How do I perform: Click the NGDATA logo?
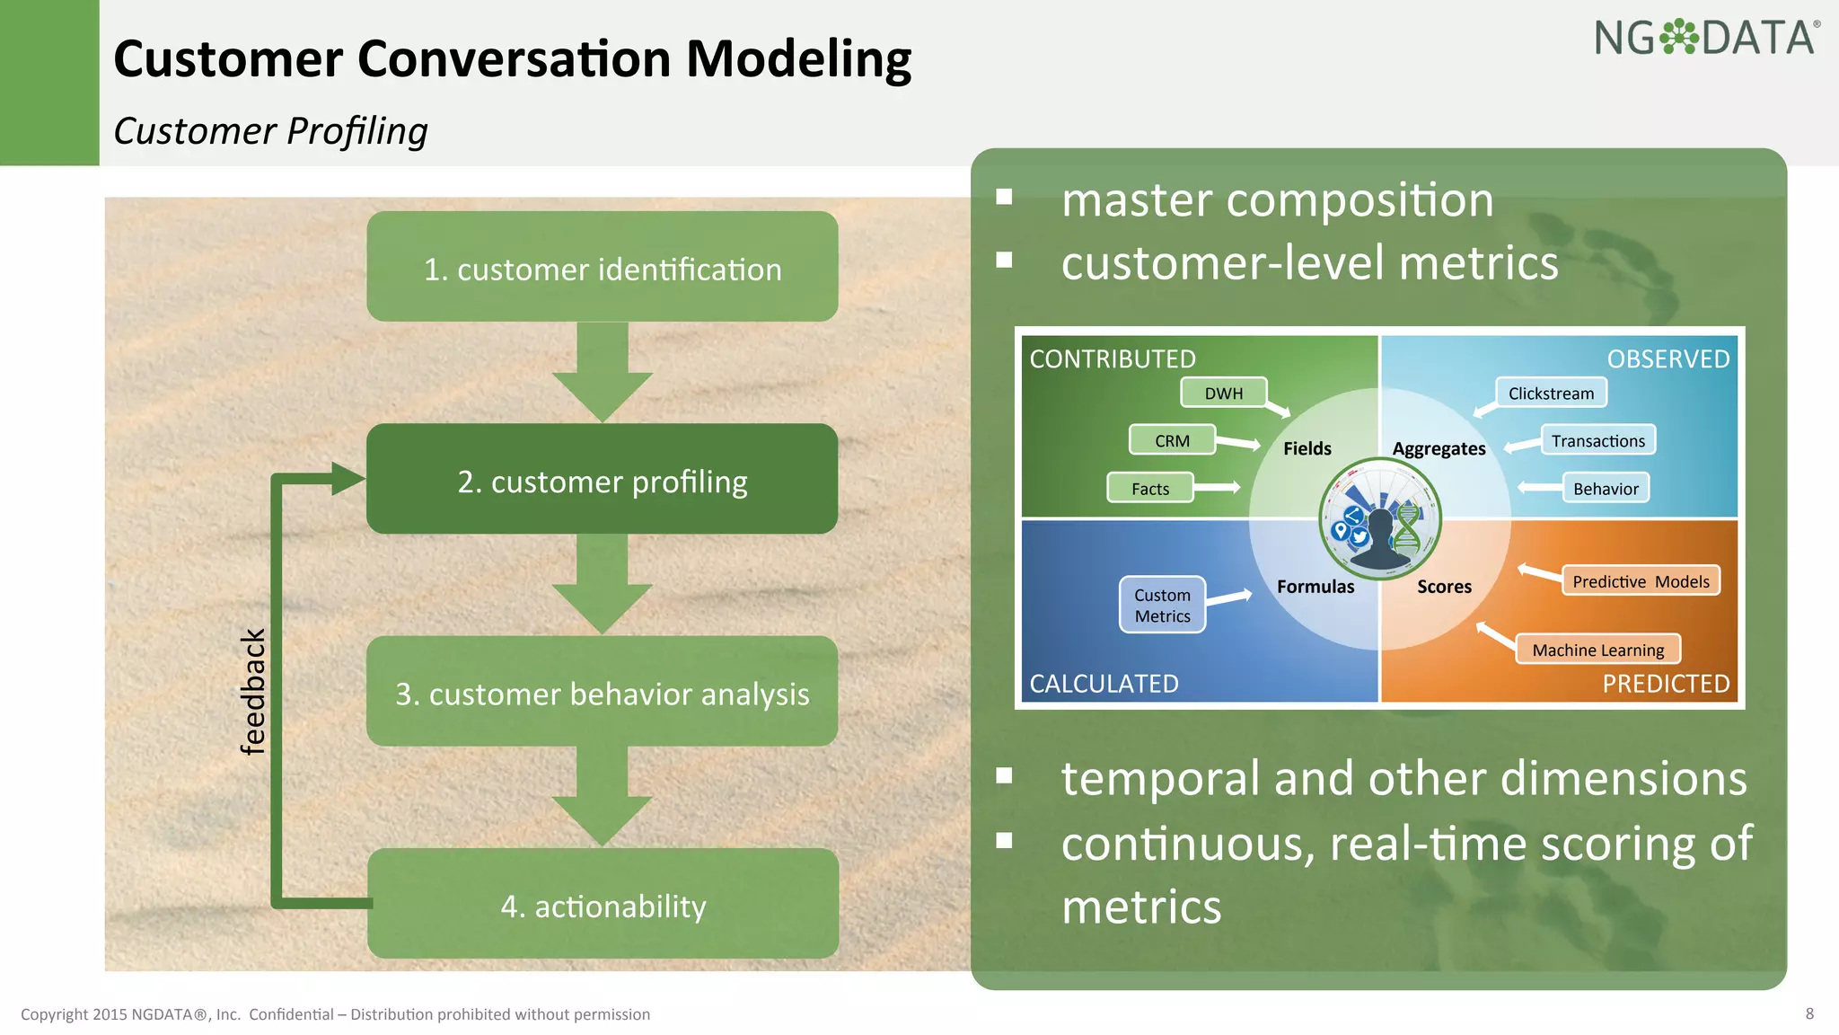1706,39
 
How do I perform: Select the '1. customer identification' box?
603,267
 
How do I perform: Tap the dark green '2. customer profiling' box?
603,479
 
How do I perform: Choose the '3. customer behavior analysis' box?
603,692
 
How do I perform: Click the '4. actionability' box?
603,904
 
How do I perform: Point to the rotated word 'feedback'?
253,691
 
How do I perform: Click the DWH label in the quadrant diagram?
1224,394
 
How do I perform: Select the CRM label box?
1172,440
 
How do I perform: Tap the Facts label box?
1150,488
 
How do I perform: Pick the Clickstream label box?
1551,394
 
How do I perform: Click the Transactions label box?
1597,440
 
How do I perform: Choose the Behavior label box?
1606,488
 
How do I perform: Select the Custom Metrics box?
1162,605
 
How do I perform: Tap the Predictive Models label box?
1641,581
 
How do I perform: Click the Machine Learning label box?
1597,650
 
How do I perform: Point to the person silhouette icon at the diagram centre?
1380,539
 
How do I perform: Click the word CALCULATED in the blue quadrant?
1104,684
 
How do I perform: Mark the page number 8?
1809,1013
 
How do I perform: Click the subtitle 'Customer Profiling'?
270,131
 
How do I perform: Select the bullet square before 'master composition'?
1004,197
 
